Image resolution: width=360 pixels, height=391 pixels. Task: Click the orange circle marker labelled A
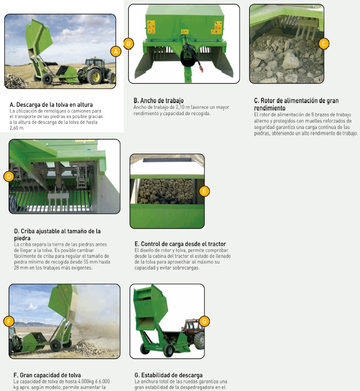tap(116, 52)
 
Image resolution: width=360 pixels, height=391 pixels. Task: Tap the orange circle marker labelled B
tap(129, 44)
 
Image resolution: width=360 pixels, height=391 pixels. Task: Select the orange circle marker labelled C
tap(324, 44)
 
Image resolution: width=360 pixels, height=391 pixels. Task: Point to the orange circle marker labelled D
tap(9, 177)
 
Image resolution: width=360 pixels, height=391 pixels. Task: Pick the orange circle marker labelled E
tap(204, 191)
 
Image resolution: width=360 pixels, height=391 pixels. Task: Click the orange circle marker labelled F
tap(9, 321)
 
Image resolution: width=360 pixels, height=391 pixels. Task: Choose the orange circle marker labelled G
tap(204, 321)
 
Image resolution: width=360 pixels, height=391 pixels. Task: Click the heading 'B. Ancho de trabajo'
tap(158, 100)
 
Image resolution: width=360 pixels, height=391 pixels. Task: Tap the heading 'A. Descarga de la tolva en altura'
tap(51, 105)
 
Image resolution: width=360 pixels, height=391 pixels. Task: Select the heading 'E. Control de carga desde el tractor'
tap(180, 243)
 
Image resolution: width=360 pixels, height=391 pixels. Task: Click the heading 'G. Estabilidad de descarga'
tap(168, 375)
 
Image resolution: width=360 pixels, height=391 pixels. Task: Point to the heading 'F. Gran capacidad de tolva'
tap(47, 375)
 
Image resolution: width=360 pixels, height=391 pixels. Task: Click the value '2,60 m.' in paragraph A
tap(17, 128)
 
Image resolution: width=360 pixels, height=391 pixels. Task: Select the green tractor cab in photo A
tap(94, 63)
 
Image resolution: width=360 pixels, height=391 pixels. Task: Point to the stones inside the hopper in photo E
tap(166, 191)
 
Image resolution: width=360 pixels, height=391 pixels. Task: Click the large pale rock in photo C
tap(291, 60)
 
